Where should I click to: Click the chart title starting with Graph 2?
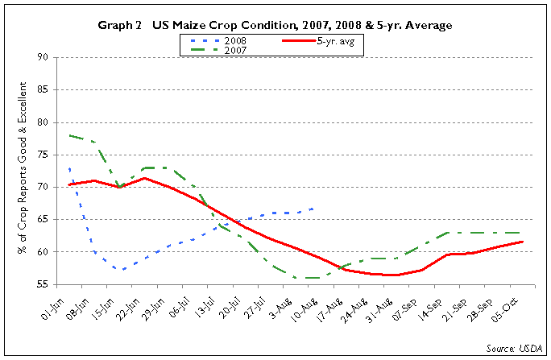point(275,26)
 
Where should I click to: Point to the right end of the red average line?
point(524,242)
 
